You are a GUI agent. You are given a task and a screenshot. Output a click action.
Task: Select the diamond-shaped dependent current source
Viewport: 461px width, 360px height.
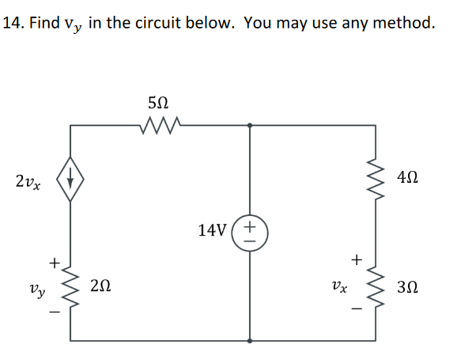[70, 181]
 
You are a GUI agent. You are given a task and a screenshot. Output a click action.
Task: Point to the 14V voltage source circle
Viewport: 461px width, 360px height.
[251, 231]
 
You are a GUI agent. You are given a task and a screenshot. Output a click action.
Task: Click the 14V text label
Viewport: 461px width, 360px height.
[213, 231]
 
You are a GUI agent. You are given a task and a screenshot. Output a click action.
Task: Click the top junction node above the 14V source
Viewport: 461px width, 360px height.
[251, 124]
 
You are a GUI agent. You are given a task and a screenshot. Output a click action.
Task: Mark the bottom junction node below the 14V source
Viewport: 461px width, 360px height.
[251, 341]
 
